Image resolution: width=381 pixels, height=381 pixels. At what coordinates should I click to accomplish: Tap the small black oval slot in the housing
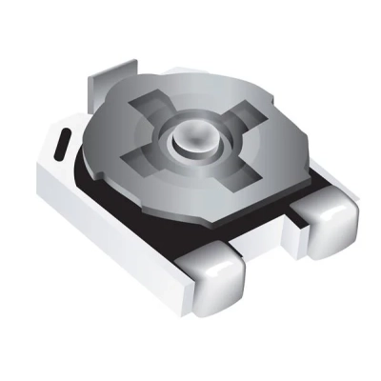(x=61, y=145)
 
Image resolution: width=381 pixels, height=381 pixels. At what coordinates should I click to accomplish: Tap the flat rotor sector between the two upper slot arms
(x=195, y=95)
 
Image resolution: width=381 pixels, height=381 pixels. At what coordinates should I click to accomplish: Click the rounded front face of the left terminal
(x=213, y=291)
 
